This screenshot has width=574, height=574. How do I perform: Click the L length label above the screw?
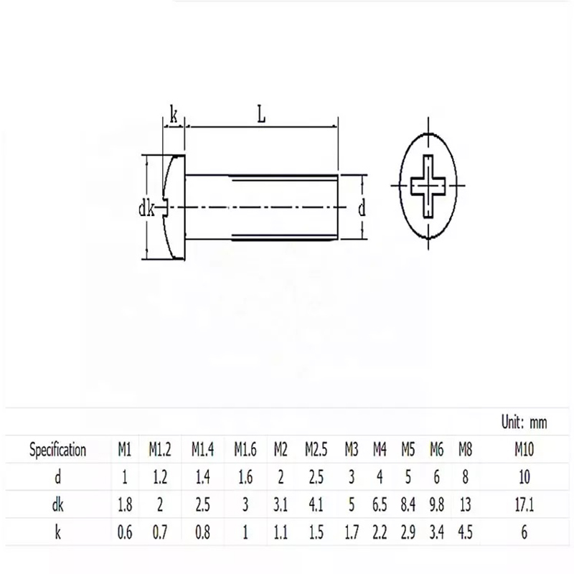(261, 114)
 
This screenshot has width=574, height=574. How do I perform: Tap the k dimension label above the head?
(174, 115)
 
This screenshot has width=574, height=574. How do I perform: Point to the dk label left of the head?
(147, 209)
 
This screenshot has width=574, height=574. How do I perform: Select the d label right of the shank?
(362, 209)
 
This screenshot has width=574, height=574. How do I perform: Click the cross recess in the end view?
(428, 186)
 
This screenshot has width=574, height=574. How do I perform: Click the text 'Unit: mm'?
(524, 423)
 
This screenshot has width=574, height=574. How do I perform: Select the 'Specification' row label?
(58, 450)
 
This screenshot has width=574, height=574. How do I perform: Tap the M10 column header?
(524, 449)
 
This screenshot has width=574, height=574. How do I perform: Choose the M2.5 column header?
(316, 449)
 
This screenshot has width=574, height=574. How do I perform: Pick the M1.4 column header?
(202, 449)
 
